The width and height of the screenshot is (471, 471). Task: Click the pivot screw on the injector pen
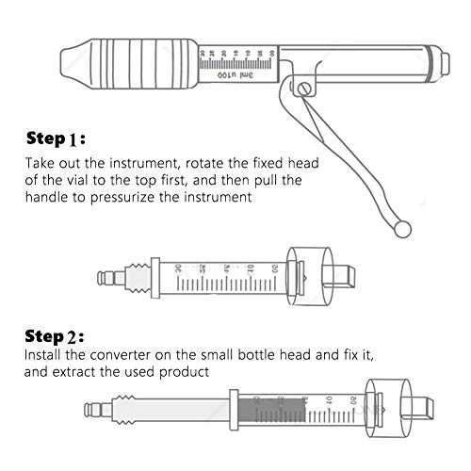pyautogui.click(x=304, y=88)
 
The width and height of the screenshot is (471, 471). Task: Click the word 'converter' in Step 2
pyautogui.click(x=112, y=356)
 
